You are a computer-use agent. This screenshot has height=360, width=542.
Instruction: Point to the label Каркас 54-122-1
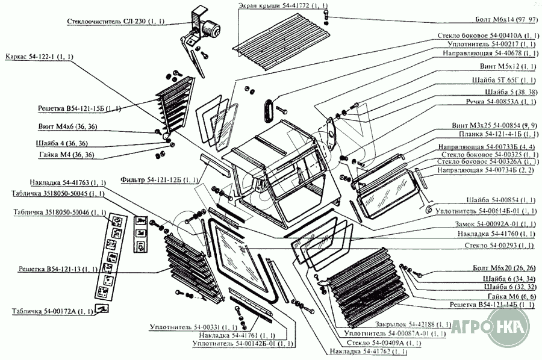39,57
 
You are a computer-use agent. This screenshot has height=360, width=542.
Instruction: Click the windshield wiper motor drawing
208,27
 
